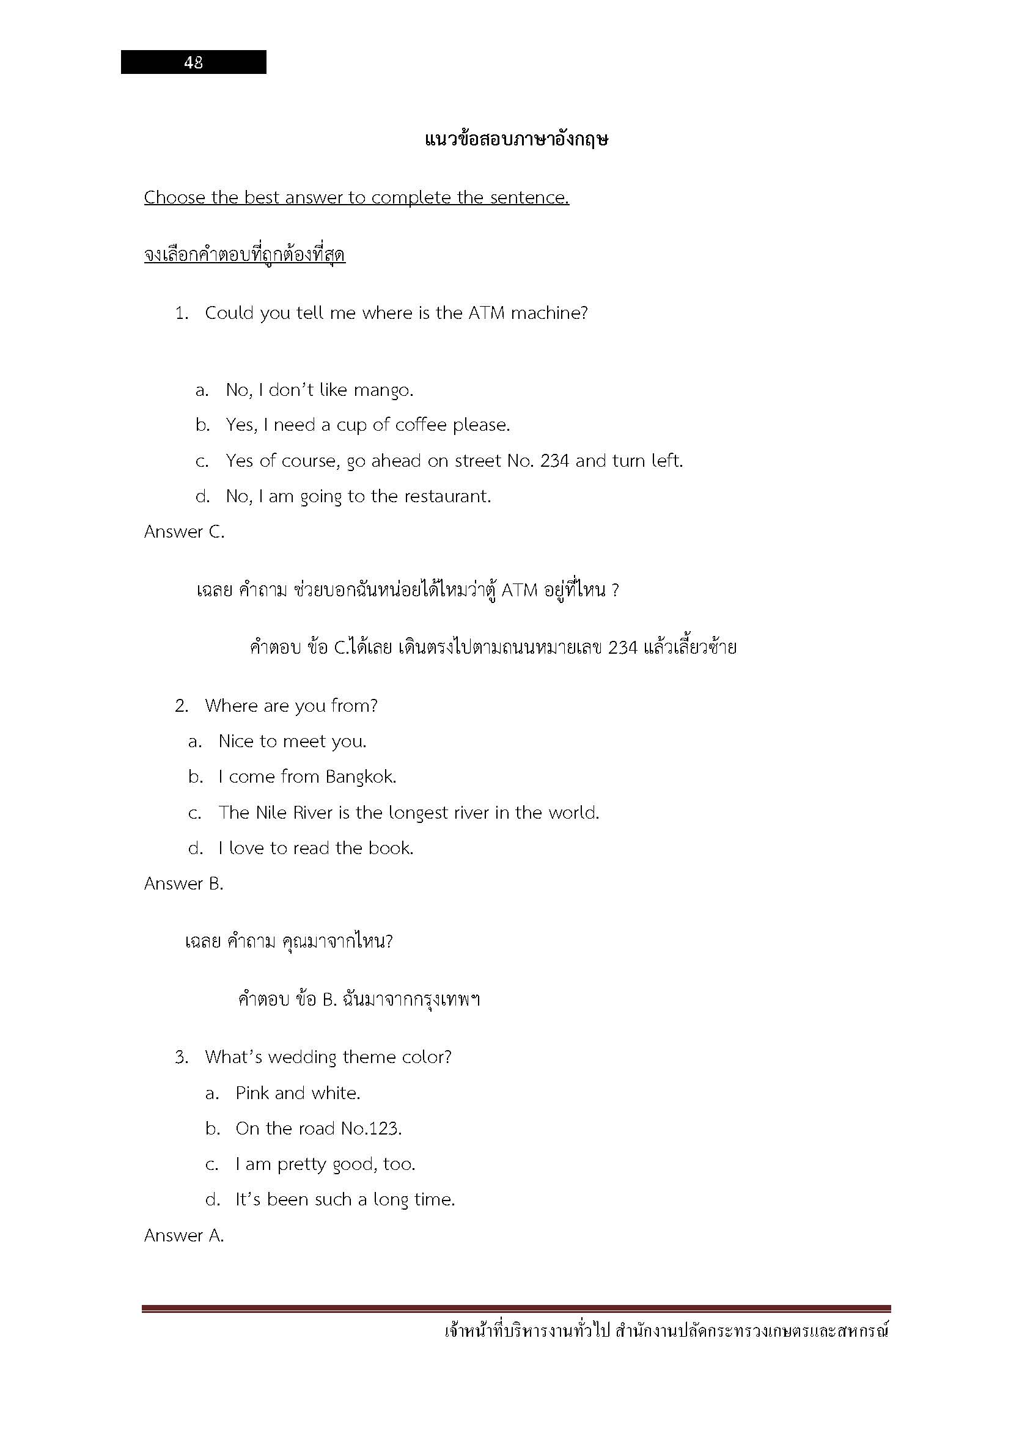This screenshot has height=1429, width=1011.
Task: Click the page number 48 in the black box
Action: pos(193,62)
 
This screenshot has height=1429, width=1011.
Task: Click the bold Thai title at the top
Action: pos(516,139)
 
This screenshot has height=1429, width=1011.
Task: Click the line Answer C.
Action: pos(184,532)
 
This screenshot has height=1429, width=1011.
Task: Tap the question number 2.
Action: pos(181,706)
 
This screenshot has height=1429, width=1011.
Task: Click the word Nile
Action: pos(269,813)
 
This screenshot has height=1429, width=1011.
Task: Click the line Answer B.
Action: pos(183,884)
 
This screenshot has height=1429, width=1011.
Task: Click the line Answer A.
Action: pos(183,1235)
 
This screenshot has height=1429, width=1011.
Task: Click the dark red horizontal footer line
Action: pos(516,1309)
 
